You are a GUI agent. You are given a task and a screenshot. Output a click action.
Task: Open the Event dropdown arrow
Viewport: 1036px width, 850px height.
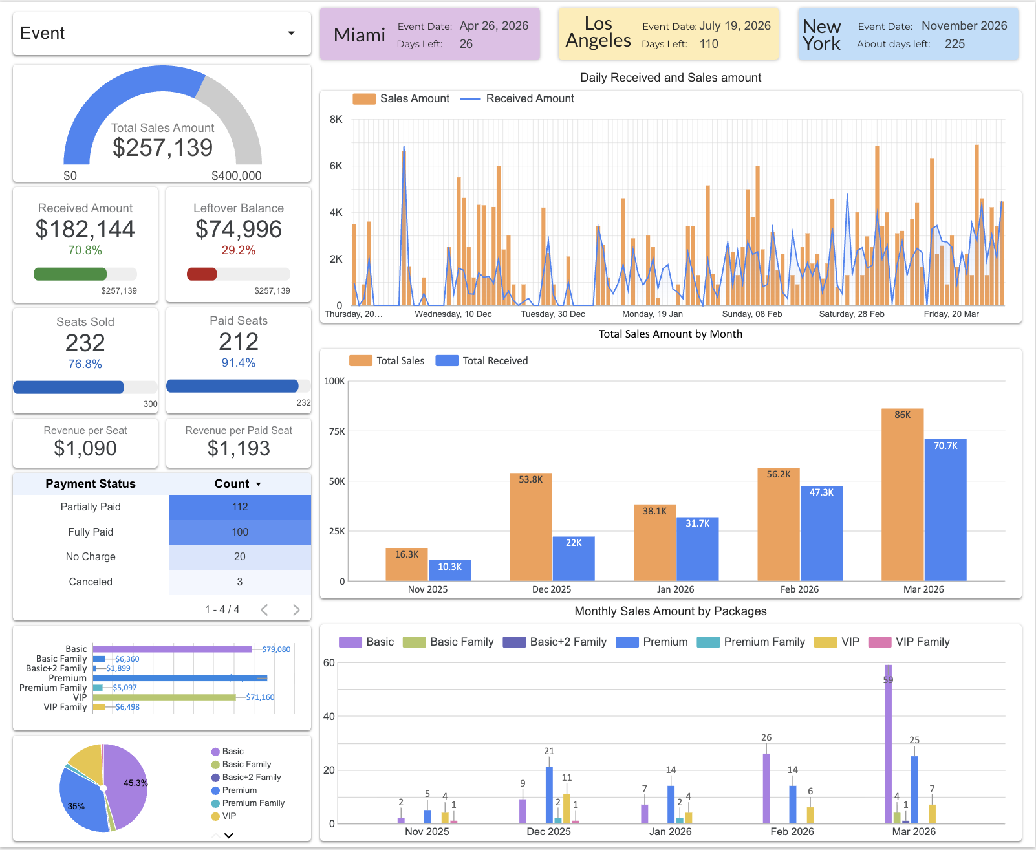click(x=291, y=33)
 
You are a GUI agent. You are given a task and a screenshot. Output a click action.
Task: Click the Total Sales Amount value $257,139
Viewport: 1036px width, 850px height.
click(x=162, y=148)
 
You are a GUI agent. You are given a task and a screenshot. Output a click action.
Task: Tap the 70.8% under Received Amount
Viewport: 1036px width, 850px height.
click(x=85, y=250)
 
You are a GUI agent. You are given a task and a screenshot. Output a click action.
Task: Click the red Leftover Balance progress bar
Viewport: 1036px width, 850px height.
click(x=202, y=274)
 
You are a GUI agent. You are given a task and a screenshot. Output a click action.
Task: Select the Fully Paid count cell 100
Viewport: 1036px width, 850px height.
click(x=240, y=532)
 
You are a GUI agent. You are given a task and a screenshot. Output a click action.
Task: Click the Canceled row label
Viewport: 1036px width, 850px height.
click(x=91, y=582)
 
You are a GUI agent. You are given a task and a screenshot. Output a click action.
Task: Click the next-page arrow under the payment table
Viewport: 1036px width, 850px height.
click(x=296, y=609)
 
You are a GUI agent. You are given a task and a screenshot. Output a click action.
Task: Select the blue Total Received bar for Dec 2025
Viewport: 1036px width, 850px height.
click(x=573, y=559)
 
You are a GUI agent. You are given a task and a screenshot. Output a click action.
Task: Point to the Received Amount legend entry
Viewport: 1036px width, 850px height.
click(x=529, y=98)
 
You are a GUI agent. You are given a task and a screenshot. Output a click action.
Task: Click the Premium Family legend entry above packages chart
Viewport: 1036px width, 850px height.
click(x=764, y=642)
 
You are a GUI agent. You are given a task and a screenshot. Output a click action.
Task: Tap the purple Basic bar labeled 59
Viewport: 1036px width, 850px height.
click(x=888, y=744)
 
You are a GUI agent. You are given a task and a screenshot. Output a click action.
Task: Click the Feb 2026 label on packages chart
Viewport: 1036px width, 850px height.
click(x=792, y=831)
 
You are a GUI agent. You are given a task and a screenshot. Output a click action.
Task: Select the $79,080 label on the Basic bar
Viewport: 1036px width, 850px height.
click(x=276, y=649)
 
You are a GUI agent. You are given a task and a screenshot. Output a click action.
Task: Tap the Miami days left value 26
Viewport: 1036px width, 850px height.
click(x=466, y=44)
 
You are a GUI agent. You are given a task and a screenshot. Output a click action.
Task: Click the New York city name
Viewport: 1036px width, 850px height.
click(x=821, y=35)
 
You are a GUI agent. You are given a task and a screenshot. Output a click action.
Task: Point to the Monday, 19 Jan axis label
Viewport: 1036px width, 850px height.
click(x=652, y=314)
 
